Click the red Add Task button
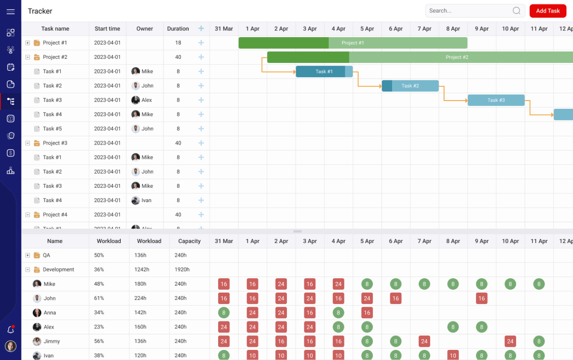click(x=547, y=11)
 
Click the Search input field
click(x=468, y=11)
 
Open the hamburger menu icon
click(x=11, y=11)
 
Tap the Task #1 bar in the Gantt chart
click(x=324, y=72)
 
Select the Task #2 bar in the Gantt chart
click(x=410, y=86)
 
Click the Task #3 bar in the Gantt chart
click(x=496, y=100)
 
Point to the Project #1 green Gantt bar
click(x=353, y=43)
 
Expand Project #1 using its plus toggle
click(x=28, y=43)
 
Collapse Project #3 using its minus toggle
click(x=28, y=143)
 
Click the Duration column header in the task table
click(x=178, y=29)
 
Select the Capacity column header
click(x=189, y=241)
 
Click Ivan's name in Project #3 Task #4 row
click(x=146, y=201)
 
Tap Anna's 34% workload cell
click(x=99, y=313)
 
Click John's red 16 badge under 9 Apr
click(x=481, y=298)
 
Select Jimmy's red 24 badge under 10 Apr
click(x=510, y=342)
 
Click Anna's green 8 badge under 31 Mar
click(x=224, y=313)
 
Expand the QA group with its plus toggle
click(x=28, y=255)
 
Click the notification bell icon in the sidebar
click(x=11, y=330)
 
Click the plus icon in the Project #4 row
click(x=201, y=215)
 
